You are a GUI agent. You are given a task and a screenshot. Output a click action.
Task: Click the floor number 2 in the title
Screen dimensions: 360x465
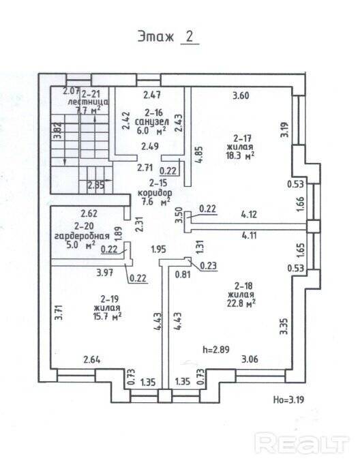(190, 36)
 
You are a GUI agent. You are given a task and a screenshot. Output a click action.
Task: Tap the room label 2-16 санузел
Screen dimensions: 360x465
(152, 117)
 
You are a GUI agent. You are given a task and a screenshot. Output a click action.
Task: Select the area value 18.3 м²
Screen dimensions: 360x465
(240, 155)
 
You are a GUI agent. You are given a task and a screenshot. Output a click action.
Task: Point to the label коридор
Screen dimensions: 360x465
(155, 192)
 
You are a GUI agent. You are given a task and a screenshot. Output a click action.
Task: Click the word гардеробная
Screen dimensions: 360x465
(82, 236)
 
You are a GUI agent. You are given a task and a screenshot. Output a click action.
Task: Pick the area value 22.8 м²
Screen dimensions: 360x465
(241, 303)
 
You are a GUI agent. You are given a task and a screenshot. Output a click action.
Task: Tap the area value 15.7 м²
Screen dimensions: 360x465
(107, 316)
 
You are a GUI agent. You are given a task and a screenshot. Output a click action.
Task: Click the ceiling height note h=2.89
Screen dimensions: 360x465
(216, 349)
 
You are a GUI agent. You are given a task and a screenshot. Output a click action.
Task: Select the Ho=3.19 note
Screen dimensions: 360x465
(288, 400)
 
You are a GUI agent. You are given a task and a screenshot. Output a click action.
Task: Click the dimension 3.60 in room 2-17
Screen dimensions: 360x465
(241, 95)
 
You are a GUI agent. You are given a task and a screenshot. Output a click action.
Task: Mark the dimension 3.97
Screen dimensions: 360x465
(105, 272)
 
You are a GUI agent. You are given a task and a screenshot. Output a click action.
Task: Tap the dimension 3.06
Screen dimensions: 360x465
(250, 359)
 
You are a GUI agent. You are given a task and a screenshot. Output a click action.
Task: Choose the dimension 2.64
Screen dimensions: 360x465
(92, 360)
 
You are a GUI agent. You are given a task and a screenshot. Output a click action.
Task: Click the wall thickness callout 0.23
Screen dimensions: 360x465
(209, 265)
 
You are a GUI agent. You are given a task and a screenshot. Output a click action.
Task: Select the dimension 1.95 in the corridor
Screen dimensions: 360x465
(158, 249)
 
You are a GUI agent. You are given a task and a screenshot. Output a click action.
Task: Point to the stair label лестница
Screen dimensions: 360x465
(88, 102)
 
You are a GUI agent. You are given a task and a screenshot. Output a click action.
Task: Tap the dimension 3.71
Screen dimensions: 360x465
(59, 312)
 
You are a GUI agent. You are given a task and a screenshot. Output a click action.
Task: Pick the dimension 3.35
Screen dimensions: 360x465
(284, 326)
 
